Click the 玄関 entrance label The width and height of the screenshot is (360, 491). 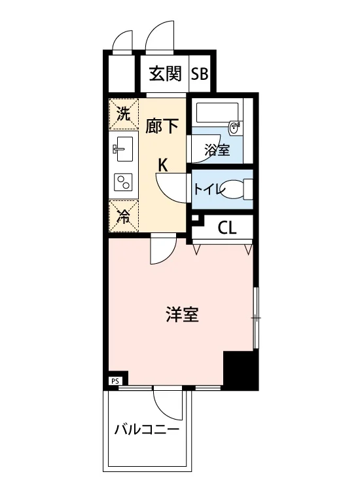(x=165, y=74)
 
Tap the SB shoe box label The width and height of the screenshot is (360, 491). (x=200, y=74)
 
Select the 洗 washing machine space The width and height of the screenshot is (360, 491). (x=123, y=114)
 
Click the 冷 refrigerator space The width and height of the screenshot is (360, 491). (x=123, y=217)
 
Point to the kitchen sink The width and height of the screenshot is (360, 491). (x=122, y=149)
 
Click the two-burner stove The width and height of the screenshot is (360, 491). (x=123, y=182)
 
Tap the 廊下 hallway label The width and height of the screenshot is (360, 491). (x=162, y=126)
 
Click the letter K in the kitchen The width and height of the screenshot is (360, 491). (x=163, y=164)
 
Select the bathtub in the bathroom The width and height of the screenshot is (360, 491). (x=217, y=113)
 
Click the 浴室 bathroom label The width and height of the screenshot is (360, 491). (x=217, y=150)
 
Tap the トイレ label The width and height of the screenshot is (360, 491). (x=209, y=189)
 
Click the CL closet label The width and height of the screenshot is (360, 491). (x=227, y=228)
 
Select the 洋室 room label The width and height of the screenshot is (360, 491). (x=182, y=315)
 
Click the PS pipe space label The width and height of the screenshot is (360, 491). (x=115, y=382)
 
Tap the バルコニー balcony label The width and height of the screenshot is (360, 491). (x=147, y=429)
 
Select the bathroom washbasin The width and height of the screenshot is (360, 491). (x=234, y=128)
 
